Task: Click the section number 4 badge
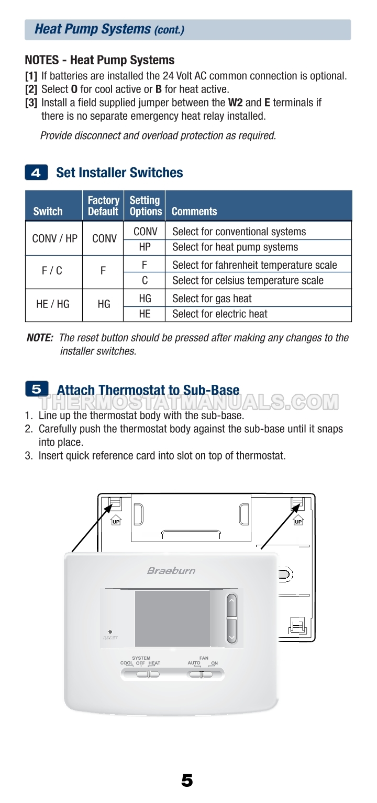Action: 36,173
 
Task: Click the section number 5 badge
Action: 37,389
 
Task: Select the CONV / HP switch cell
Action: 54,239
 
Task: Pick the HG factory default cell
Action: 104,304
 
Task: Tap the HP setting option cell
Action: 145,247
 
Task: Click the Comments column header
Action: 194,211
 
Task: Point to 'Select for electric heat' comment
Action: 219,314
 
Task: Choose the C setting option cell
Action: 145,281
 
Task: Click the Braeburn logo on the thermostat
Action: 171,570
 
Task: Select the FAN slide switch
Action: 200,674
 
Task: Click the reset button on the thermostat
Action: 110,632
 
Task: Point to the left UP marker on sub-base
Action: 116,521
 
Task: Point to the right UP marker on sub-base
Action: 298,521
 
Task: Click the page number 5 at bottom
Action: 187,781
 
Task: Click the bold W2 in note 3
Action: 236,102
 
